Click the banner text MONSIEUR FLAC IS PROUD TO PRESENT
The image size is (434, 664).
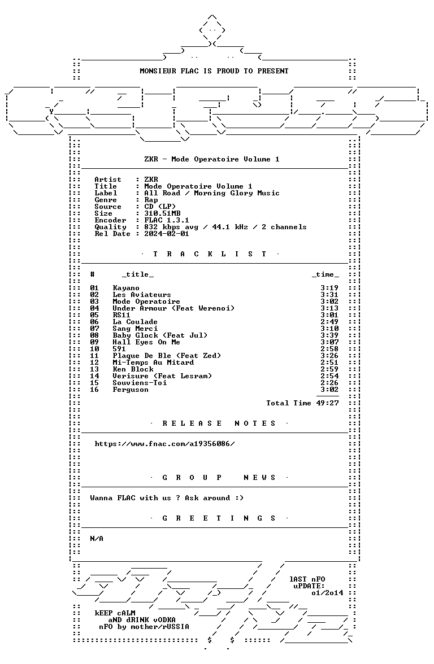214,71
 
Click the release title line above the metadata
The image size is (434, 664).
212,159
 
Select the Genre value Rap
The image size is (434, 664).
151,200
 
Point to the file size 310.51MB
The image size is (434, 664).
162,213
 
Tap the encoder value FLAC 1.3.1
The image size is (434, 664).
167,220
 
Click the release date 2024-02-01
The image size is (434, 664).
167,234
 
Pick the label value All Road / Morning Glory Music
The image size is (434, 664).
212,193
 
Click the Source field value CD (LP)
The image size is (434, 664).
160,207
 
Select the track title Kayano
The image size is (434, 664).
126,288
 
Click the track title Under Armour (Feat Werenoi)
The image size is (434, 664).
173,308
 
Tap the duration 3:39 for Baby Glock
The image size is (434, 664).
329,335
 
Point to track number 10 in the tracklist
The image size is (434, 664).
94,349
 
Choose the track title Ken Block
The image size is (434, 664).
133,369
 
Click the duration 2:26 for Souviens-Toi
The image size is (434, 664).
329,383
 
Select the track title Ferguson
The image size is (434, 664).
131,390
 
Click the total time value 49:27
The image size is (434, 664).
328,403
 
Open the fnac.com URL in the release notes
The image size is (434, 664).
164,444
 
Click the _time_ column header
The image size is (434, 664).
325,275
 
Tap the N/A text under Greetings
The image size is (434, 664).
97,539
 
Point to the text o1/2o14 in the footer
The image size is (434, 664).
327,593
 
